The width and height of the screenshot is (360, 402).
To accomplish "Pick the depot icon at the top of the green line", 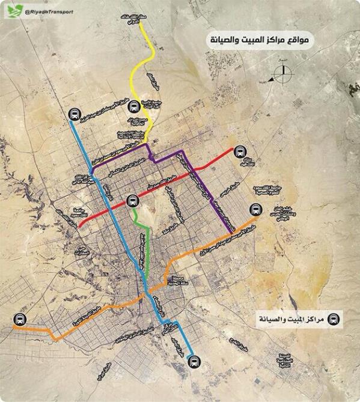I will [x=132, y=201].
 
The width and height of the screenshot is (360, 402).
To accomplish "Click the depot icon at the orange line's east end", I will [x=255, y=210].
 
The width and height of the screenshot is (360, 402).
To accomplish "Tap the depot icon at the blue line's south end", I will [x=192, y=361].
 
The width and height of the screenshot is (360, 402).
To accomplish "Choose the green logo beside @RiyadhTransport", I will [x=14, y=11].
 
